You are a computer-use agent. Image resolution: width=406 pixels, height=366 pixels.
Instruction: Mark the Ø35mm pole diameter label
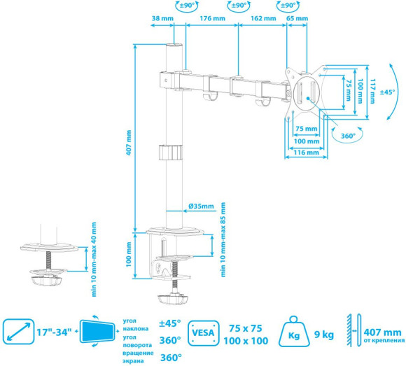(201, 206)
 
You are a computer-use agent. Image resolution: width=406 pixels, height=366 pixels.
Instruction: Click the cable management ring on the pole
(170, 153)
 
